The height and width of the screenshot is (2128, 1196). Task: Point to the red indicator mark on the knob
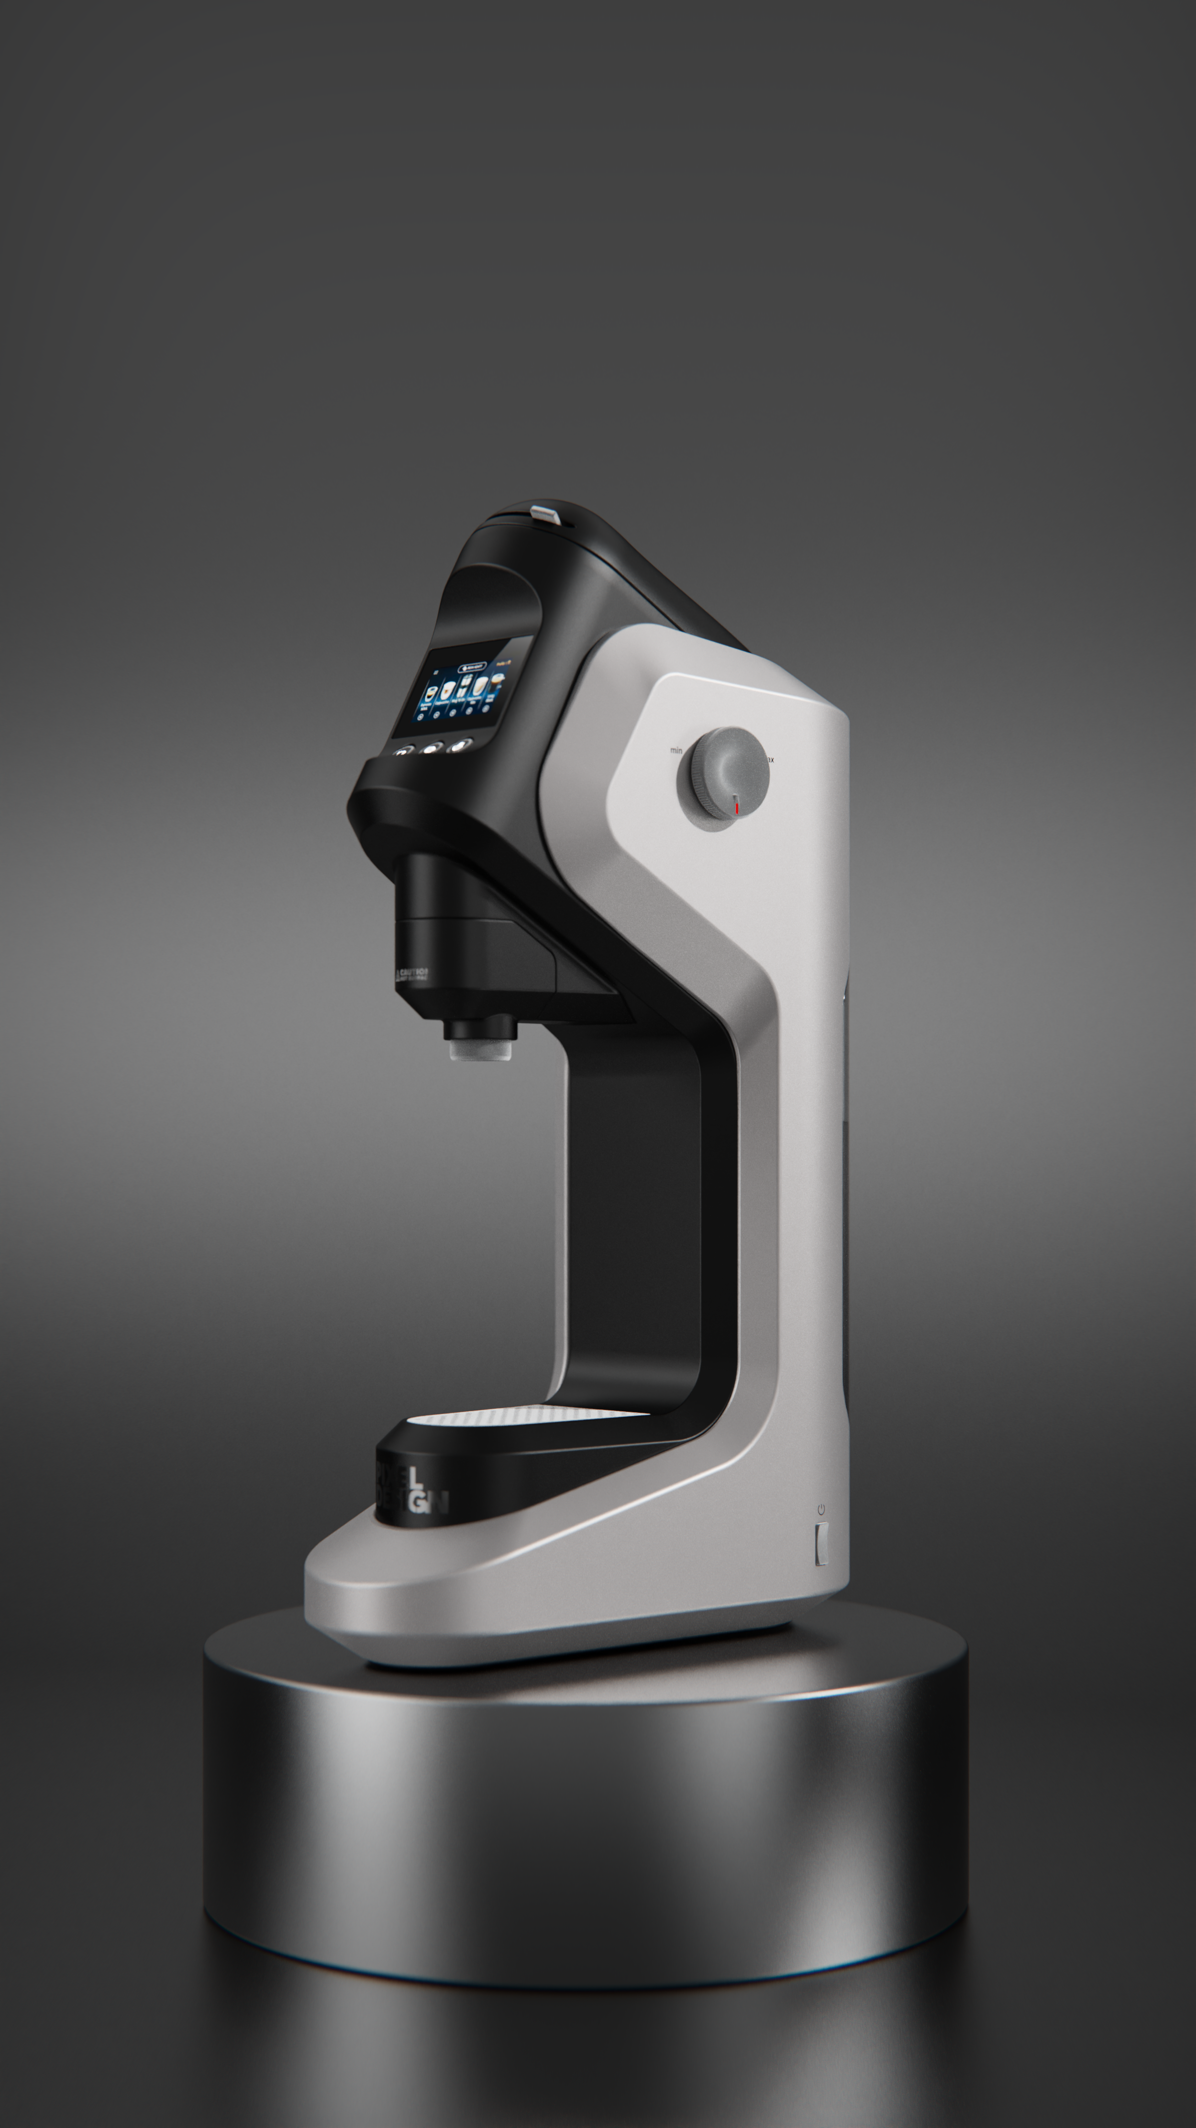tap(736, 804)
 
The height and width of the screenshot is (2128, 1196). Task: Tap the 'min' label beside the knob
tap(676, 750)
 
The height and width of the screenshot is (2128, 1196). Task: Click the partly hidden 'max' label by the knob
tap(771, 758)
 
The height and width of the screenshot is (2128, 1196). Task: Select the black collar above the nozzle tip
tap(480, 1028)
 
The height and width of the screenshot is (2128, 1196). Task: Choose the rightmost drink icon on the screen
tap(498, 680)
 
